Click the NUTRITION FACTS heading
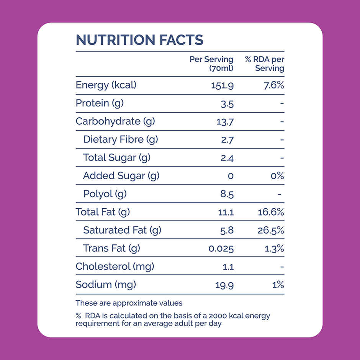tap(139, 40)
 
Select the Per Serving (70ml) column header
tap(211, 64)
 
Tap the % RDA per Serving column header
tap(265, 64)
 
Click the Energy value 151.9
tap(222, 85)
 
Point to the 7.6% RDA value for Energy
tap(273, 85)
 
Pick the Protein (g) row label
tap(100, 103)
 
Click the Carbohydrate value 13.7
tap(225, 122)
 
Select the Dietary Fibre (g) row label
tap(120, 139)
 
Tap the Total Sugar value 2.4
tap(227, 158)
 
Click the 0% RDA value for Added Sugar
tap(277, 176)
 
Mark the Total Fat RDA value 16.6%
tap(271, 212)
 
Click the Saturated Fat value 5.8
tap(227, 230)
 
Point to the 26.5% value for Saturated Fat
tap(271, 230)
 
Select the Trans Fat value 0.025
tap(221, 249)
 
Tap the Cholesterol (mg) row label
tap(115, 267)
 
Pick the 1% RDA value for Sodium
tap(278, 285)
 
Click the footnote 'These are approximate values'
tap(129, 303)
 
